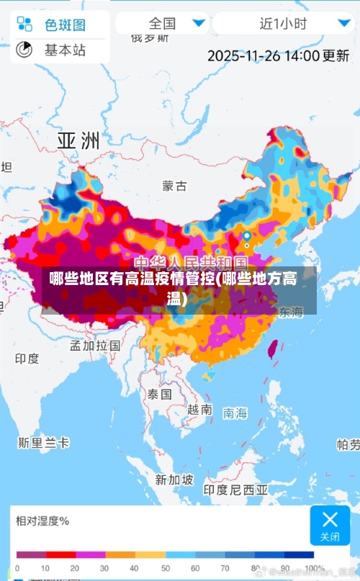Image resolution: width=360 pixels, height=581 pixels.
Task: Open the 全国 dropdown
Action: (x=163, y=23)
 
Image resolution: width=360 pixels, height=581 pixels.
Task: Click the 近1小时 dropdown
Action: (x=282, y=23)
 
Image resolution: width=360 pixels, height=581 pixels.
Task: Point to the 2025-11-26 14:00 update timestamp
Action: (x=278, y=55)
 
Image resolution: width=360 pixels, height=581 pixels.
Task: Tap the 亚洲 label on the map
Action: (x=78, y=140)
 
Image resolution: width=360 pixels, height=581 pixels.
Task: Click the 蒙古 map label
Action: (x=174, y=186)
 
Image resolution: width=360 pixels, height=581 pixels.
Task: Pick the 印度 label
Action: (x=27, y=358)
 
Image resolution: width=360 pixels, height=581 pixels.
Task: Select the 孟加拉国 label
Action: (x=94, y=345)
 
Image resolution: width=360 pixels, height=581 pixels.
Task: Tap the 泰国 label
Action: (x=160, y=394)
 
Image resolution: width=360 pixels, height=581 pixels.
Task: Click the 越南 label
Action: (x=199, y=409)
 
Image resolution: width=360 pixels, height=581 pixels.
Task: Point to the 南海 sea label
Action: (x=235, y=413)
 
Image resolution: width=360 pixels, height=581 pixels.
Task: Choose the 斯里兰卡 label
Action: (x=44, y=441)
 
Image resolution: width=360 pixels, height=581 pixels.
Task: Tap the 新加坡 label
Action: (x=175, y=479)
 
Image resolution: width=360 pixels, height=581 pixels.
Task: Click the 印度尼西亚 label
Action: (x=235, y=490)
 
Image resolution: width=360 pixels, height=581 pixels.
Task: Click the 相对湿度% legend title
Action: (x=42, y=521)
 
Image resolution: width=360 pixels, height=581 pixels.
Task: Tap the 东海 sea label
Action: (x=291, y=312)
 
